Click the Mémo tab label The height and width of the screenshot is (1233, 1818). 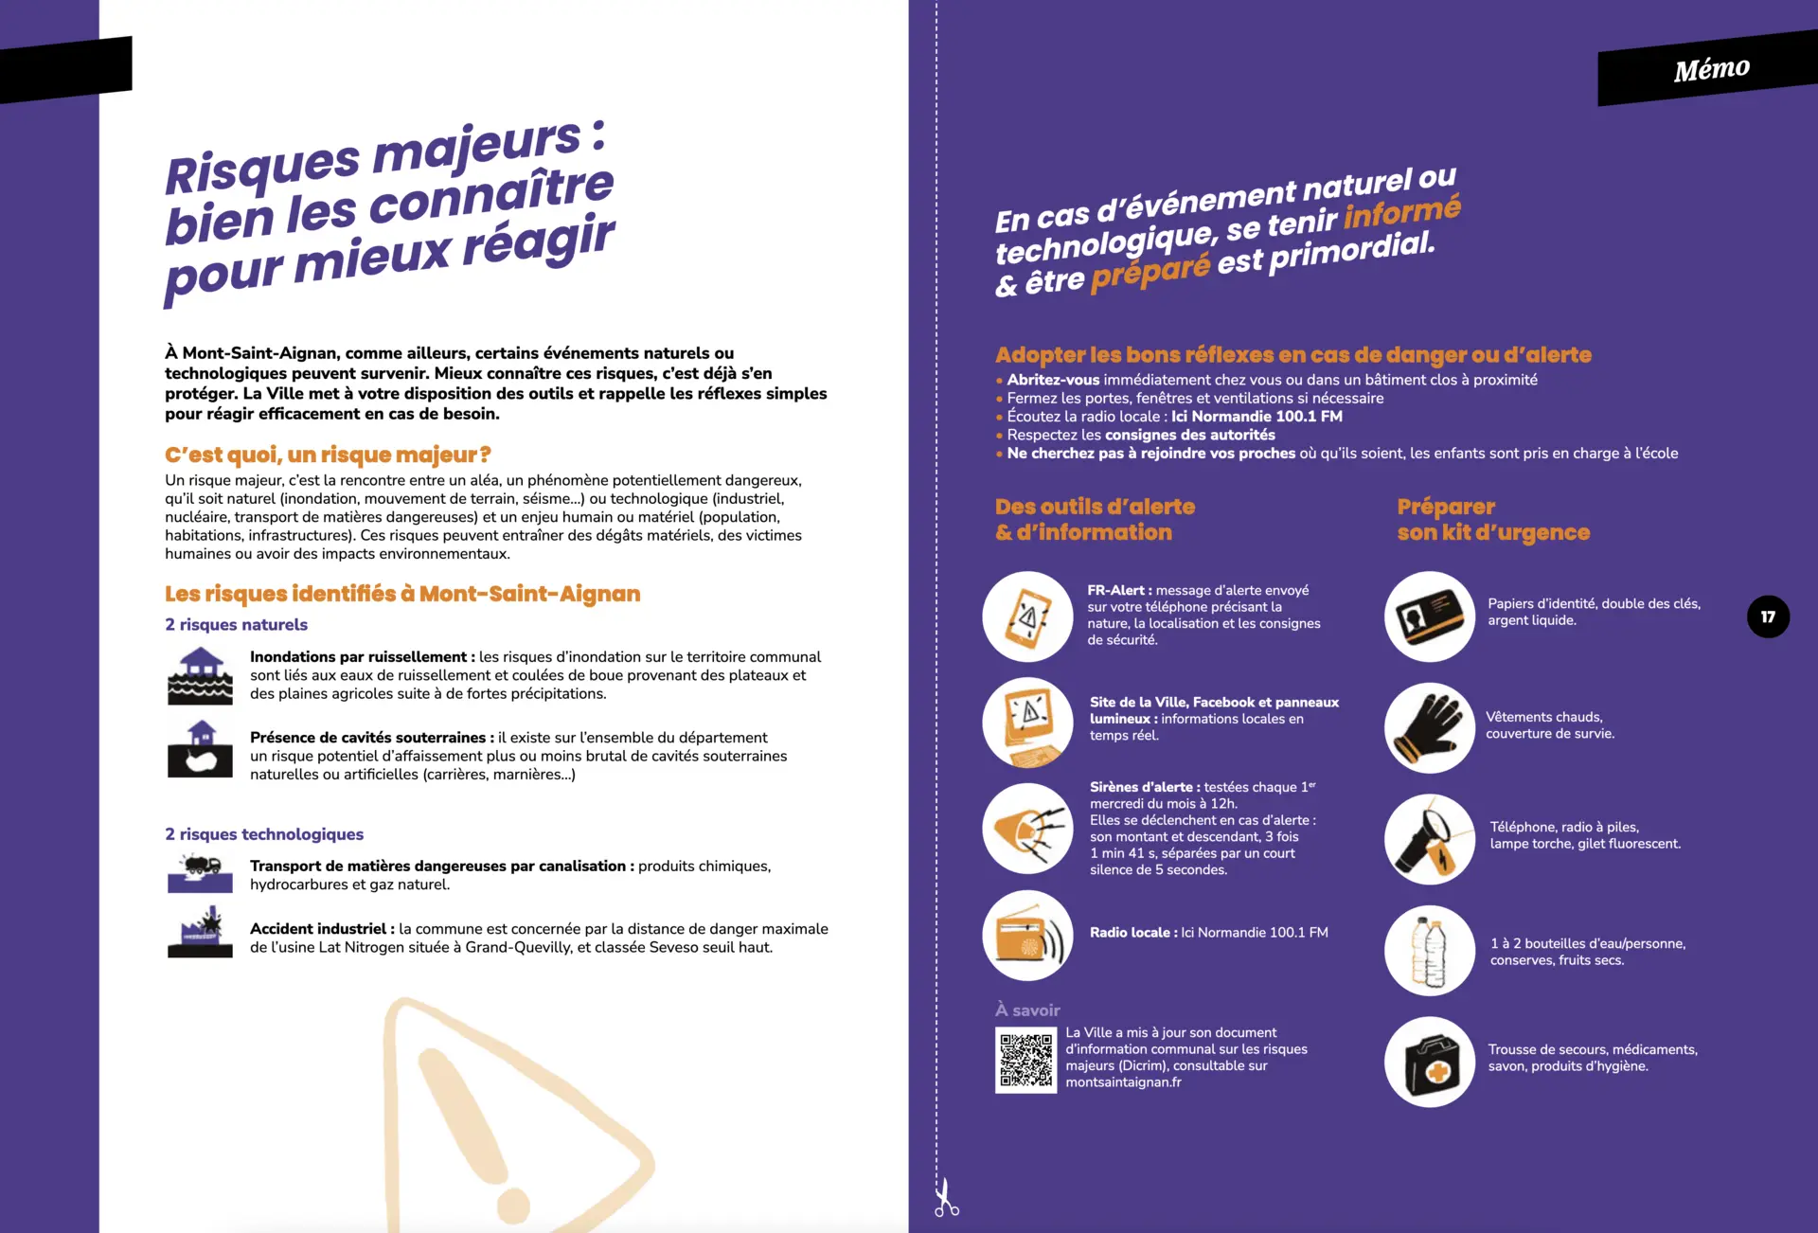coord(1711,69)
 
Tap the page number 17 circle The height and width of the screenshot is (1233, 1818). coord(1768,616)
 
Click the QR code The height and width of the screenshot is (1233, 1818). coord(1025,1061)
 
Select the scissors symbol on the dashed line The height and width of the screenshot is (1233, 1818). coord(945,1198)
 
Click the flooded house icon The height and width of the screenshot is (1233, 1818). coord(200,676)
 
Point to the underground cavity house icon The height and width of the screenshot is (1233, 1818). coord(200,749)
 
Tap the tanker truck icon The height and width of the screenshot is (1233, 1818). coord(200,873)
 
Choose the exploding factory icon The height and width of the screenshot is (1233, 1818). coord(200,933)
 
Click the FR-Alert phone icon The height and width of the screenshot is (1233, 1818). coord(1027,616)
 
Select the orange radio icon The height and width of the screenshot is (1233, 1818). coord(1027,936)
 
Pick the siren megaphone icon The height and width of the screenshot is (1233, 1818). coord(1027,829)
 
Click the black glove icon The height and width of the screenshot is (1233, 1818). coord(1430,727)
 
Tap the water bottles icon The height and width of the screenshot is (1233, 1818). coord(1430,951)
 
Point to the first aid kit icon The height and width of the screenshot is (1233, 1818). coord(1430,1062)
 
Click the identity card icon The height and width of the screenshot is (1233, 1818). coord(1430,616)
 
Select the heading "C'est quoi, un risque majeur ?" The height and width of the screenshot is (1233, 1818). coord(328,455)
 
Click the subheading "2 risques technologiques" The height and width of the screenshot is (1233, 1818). coord(264,834)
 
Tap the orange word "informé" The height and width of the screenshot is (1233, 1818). coord(1402,212)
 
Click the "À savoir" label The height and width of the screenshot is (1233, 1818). coord(1027,1010)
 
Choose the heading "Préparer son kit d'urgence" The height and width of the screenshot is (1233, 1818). coord(1492,520)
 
